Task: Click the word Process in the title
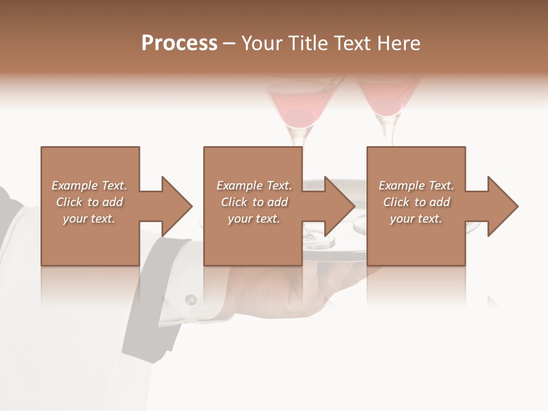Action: click(179, 43)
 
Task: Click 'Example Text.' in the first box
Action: click(89, 186)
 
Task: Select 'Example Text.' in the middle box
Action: click(253, 186)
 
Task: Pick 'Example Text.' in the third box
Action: click(416, 186)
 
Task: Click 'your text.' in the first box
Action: click(89, 219)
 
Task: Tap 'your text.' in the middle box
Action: click(253, 219)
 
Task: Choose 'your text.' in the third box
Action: click(416, 219)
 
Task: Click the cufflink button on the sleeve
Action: click(191, 299)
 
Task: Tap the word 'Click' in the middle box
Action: click(233, 202)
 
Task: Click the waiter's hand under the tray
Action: click(297, 285)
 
